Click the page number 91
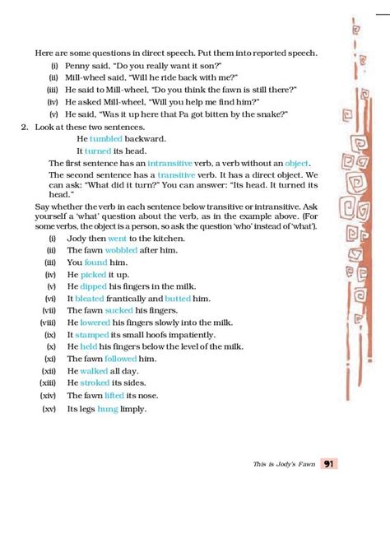coord(328,464)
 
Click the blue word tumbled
coord(105,140)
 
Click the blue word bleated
coord(90,298)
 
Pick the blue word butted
coord(178,298)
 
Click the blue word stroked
coord(95,383)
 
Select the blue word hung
coord(108,408)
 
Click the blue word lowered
coord(96,323)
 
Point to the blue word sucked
coord(120,310)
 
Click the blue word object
coord(296,164)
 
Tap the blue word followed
coord(120,359)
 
